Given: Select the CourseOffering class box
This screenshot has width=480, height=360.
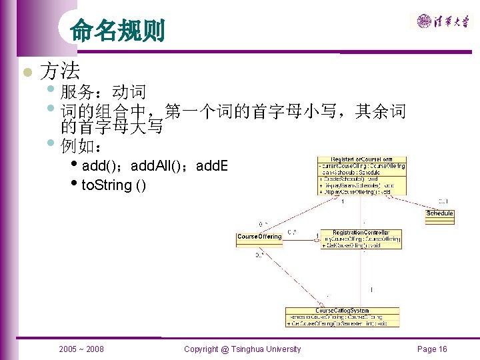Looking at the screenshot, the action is [259, 237].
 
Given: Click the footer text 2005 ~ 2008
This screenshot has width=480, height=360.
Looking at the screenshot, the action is [81, 349].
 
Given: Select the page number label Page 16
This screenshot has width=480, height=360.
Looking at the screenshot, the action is [432, 349].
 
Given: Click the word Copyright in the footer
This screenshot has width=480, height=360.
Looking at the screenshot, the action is [201, 349].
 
